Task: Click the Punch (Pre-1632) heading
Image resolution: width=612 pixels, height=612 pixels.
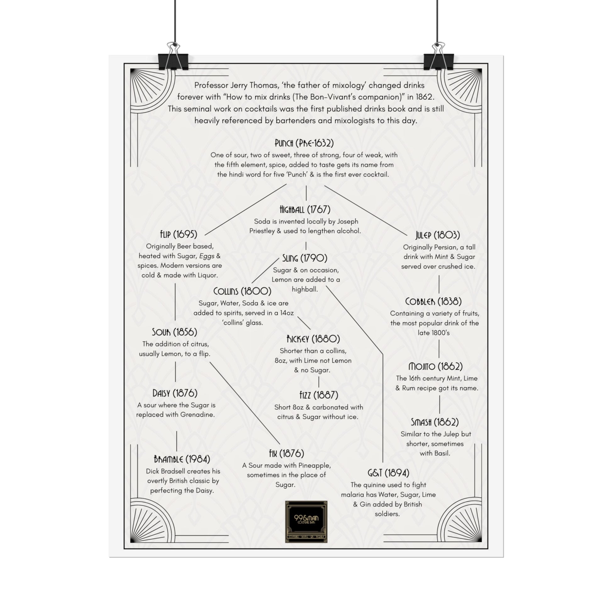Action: click(304, 143)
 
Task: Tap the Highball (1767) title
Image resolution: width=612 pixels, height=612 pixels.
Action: click(305, 210)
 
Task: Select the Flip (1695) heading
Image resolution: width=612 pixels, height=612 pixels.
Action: click(179, 234)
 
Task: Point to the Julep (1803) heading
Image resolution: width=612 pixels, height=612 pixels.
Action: click(438, 235)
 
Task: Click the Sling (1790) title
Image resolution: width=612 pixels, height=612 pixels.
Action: click(305, 258)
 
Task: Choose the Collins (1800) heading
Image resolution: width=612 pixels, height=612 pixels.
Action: click(242, 291)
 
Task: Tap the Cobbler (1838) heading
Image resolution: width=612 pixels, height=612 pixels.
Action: click(434, 302)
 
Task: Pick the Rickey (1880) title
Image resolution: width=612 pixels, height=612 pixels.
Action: click(313, 339)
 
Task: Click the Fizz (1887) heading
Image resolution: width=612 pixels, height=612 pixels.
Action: click(319, 395)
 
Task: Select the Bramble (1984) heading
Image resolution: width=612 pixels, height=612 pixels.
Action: click(182, 459)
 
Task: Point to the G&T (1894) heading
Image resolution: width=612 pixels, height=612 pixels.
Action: click(388, 473)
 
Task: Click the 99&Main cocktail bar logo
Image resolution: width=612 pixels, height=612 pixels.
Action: click(306, 522)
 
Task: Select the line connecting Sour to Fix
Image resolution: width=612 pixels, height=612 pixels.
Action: click(245, 403)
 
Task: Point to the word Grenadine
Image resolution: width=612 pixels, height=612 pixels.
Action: click(198, 415)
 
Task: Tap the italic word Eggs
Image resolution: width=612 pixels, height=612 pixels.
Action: click(207, 256)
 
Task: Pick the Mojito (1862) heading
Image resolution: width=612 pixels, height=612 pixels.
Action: click(436, 367)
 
